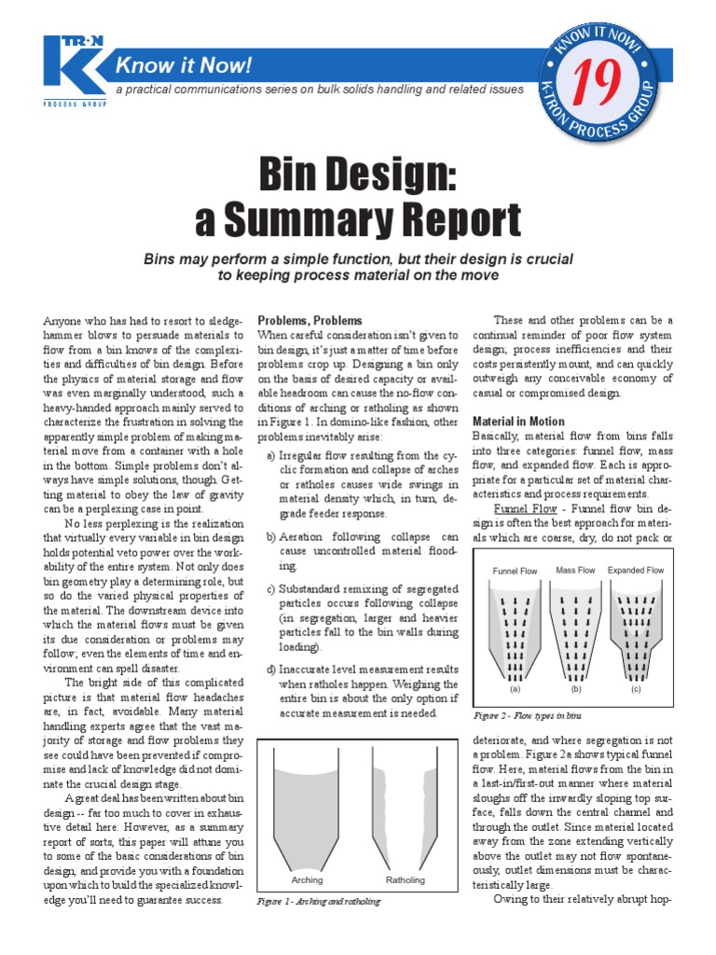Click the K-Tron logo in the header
[74, 70]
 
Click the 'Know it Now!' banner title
[183, 66]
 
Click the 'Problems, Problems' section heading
[310, 321]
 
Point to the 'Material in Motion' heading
[518, 422]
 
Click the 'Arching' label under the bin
[307, 879]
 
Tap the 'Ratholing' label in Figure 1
[405, 879]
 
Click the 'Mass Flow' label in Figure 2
[575, 570]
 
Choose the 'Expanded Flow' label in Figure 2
[636, 570]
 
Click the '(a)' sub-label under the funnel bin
[513, 691]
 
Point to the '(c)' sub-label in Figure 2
[636, 691]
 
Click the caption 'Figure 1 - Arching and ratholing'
[319, 903]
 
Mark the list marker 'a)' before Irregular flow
[270, 455]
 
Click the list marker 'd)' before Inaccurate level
[270, 670]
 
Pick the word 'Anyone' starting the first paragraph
[62, 321]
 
